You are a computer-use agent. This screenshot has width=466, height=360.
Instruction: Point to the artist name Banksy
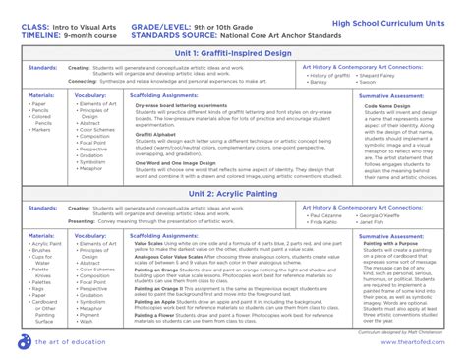(317, 84)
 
